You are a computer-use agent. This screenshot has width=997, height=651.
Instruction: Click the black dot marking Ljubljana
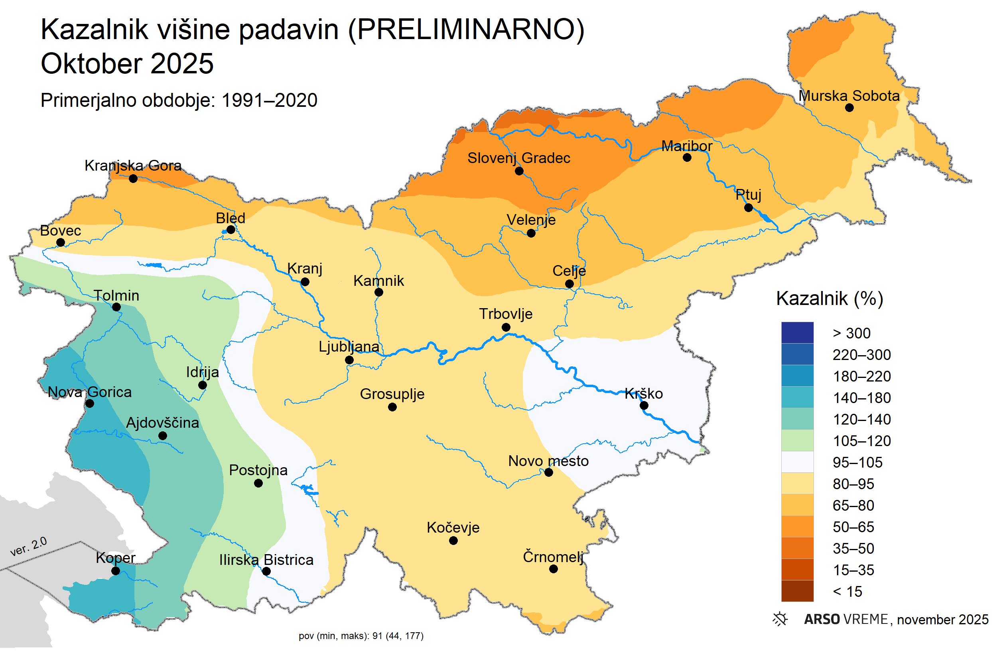(349, 360)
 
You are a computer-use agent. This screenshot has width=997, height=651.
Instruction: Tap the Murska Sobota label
(849, 96)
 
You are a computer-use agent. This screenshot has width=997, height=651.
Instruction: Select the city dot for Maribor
(687, 157)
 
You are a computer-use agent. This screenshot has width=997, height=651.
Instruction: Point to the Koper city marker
(116, 570)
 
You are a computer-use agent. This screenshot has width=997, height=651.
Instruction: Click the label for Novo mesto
(548, 461)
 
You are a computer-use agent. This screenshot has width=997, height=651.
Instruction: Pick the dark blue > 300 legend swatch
(797, 333)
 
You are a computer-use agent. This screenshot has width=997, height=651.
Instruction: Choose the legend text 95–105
(857, 462)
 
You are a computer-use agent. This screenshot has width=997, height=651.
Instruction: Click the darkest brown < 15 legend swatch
(797, 591)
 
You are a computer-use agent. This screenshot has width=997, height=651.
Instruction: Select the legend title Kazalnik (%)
(830, 299)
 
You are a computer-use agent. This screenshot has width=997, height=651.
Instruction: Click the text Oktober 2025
(127, 64)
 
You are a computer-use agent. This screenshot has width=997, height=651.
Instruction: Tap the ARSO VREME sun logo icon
(780, 619)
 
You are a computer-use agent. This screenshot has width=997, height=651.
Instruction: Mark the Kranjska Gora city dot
(133, 179)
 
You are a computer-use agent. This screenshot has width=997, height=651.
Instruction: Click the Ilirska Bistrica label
(266, 560)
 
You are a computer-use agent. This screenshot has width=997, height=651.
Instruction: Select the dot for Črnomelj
(554, 569)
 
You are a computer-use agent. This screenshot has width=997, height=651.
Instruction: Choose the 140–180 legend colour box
(797, 397)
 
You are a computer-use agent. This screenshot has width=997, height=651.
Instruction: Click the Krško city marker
(644, 405)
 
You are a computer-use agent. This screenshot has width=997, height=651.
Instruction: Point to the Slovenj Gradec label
(518, 158)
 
